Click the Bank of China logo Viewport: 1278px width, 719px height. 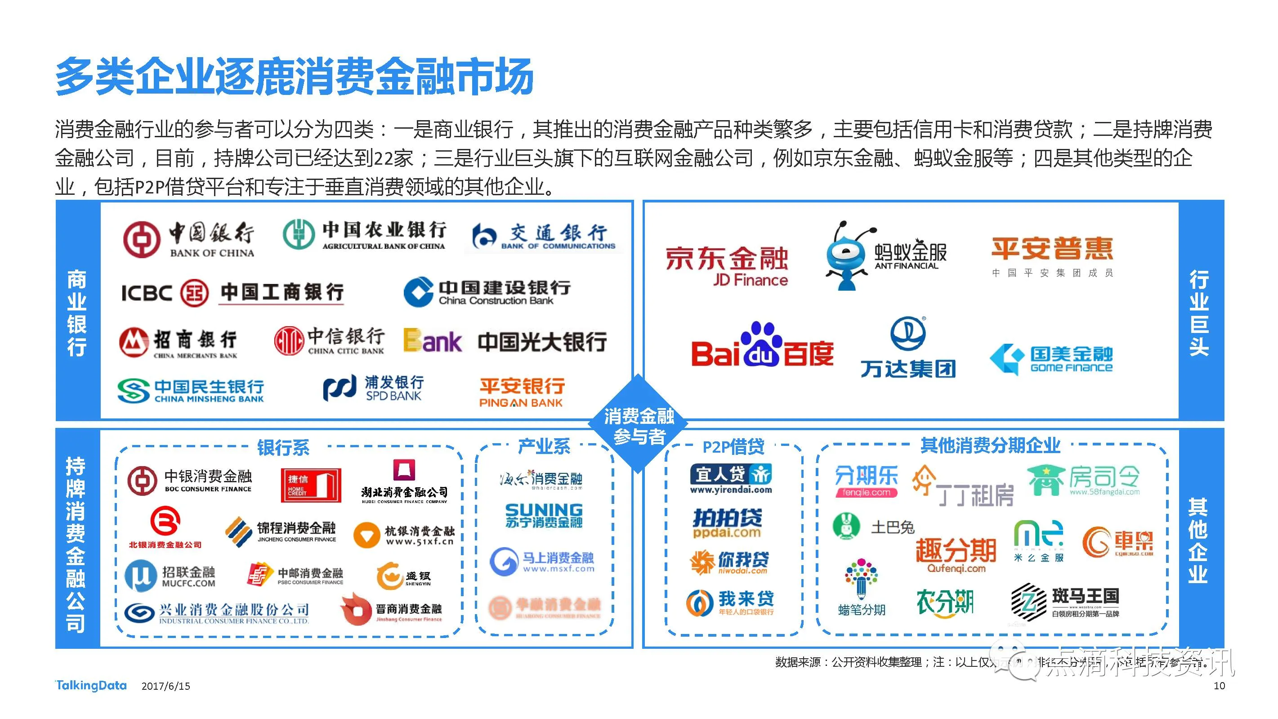tap(188, 239)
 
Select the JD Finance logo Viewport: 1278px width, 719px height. tap(726, 265)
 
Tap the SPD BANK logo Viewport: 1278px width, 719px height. tap(374, 388)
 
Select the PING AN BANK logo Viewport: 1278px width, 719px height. tap(522, 393)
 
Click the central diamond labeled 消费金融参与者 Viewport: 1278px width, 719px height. tap(639, 425)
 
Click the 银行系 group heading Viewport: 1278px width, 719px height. tap(283, 447)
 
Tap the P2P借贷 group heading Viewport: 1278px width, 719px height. tap(733, 447)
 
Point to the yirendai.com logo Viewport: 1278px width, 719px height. tap(731, 479)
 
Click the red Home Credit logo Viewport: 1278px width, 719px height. tap(311, 485)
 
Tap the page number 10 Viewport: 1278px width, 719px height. tap(1219, 686)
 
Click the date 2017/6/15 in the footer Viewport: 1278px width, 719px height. tap(165, 686)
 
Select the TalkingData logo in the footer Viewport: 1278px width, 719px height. tap(91, 686)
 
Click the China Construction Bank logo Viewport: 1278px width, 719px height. tap(487, 292)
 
